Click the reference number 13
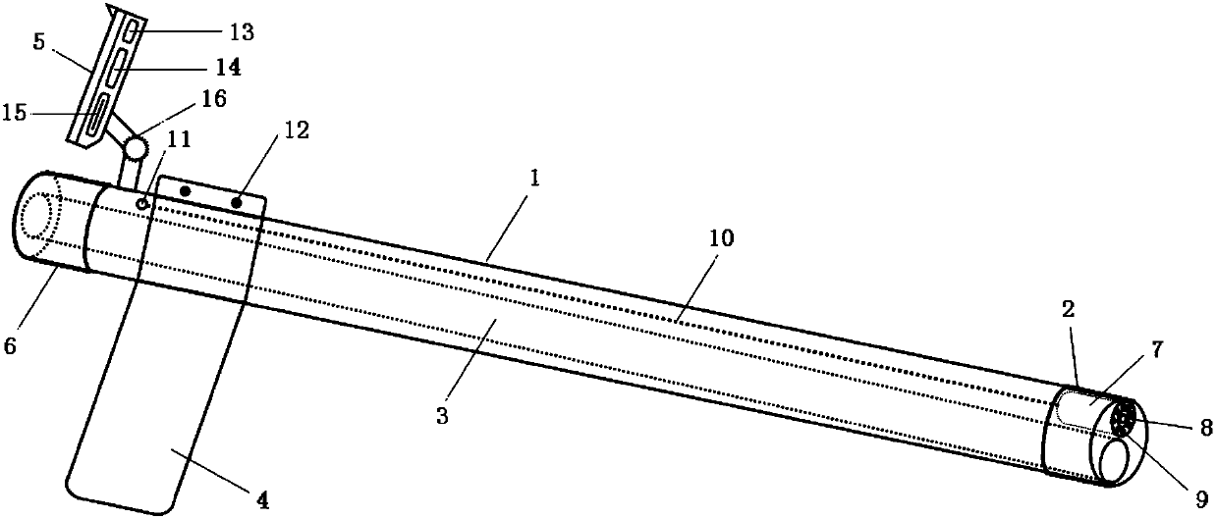241,32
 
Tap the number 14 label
229,68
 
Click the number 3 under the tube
443,416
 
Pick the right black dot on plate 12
239,202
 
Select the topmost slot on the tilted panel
130,35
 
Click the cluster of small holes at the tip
1126,421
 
